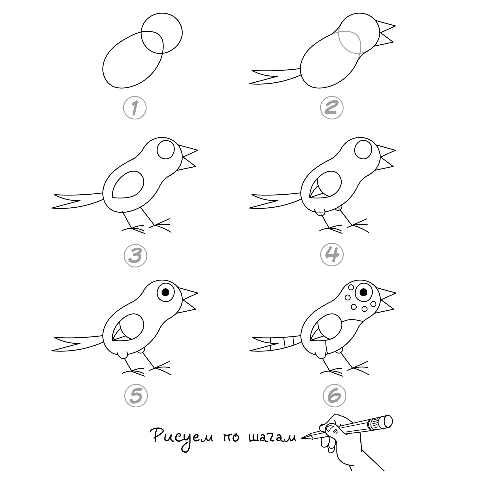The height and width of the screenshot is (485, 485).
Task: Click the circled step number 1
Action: click(x=135, y=108)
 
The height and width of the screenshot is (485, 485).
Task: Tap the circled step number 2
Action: click(x=332, y=108)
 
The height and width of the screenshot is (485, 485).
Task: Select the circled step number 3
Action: click(x=135, y=255)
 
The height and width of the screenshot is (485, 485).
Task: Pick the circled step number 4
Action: click(x=332, y=255)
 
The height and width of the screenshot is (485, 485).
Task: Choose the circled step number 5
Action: click(x=136, y=396)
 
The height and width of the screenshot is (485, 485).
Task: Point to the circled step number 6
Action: click(x=335, y=396)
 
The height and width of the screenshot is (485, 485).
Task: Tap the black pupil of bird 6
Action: click(x=363, y=292)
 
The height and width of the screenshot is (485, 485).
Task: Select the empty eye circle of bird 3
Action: click(x=166, y=150)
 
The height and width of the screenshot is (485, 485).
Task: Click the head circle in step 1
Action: click(x=162, y=33)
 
